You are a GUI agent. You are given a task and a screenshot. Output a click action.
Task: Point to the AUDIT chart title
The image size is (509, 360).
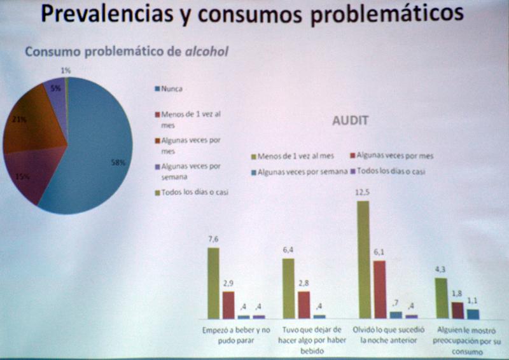351,120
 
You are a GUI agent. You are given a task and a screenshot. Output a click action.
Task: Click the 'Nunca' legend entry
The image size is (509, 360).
172,89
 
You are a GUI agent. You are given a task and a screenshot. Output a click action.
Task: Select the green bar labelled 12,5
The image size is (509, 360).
363,259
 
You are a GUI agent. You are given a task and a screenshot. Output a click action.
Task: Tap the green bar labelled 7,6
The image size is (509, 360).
213,282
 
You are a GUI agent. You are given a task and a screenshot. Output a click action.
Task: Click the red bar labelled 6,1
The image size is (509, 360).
379,289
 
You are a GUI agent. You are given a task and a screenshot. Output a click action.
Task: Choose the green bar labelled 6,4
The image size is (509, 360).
289,287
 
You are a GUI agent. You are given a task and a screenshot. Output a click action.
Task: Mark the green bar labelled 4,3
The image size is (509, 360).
440,298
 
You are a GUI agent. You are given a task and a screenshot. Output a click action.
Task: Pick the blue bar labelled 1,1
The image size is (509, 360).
472,313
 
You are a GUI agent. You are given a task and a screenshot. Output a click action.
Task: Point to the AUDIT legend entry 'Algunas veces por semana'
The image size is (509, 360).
302,172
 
